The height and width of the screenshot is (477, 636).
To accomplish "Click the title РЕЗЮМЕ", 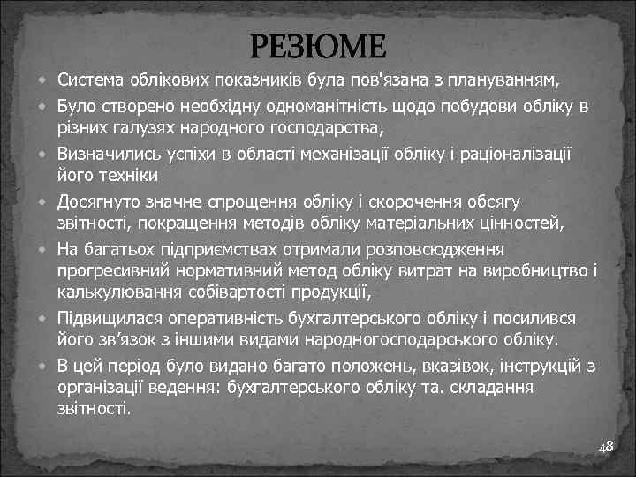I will tap(318, 45).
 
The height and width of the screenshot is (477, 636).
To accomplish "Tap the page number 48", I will tap(606, 449).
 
